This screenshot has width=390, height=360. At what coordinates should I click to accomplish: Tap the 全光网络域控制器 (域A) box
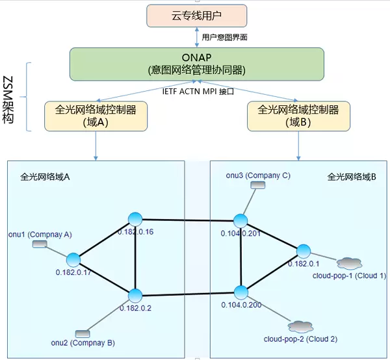pyautogui.click(x=96, y=116)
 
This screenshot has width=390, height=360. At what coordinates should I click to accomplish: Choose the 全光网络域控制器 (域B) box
pyautogui.click(x=298, y=116)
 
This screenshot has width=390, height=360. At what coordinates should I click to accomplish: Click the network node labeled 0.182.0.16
pyautogui.click(x=135, y=219)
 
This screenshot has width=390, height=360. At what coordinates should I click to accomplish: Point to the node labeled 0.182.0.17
pyautogui.click(x=73, y=259)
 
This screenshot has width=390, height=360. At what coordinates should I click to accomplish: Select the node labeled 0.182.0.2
pyautogui.click(x=135, y=296)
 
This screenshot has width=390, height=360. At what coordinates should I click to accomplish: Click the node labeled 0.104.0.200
pyautogui.click(x=242, y=291)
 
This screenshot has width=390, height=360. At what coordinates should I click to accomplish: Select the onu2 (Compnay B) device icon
pyautogui.click(x=82, y=333)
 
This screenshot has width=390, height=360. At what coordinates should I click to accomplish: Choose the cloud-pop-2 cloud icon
pyautogui.click(x=300, y=326)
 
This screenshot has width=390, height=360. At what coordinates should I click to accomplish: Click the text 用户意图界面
pyautogui.click(x=224, y=38)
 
